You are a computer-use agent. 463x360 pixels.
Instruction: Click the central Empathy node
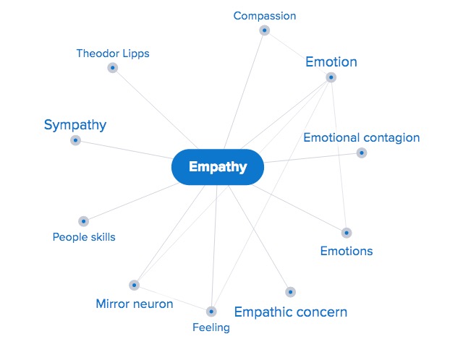[x=218, y=167]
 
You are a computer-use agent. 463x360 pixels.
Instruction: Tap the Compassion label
[x=265, y=16]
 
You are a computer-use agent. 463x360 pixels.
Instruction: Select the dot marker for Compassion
[x=265, y=30]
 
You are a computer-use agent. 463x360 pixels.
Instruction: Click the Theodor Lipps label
[x=113, y=53]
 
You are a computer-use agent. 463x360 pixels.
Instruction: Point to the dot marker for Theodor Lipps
[x=113, y=68]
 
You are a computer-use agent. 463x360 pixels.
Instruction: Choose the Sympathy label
[x=75, y=125]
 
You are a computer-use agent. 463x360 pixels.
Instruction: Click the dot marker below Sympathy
[x=75, y=140]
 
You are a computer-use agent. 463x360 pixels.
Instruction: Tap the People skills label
[x=84, y=237]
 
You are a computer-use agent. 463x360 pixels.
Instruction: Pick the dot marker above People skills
[x=83, y=221]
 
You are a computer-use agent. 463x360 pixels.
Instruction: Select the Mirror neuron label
[x=135, y=304]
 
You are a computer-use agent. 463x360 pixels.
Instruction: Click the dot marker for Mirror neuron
[x=134, y=286]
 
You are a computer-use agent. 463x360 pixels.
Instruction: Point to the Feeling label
[x=211, y=327]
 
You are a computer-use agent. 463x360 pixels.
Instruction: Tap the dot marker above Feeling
[x=211, y=312]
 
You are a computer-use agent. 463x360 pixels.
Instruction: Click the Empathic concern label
[x=291, y=312]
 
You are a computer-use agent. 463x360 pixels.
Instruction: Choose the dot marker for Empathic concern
[x=290, y=292]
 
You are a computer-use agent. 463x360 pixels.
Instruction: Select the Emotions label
[x=347, y=252]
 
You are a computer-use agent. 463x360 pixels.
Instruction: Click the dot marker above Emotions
[x=347, y=233]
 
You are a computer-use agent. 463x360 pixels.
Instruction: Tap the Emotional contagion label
[x=362, y=137]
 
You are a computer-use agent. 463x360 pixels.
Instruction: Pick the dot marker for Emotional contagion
[x=362, y=153]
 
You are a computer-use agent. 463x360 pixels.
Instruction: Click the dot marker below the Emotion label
[x=331, y=77]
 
